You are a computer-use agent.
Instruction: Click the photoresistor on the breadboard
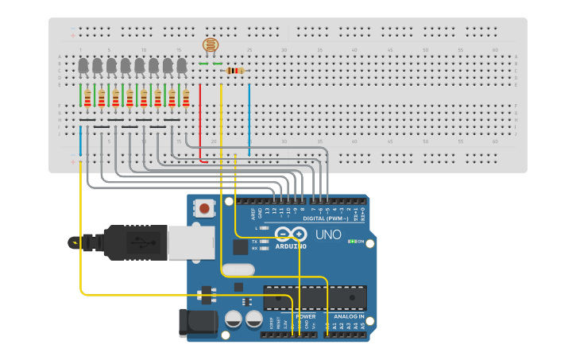[210, 46]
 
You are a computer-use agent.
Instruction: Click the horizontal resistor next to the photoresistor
[235, 71]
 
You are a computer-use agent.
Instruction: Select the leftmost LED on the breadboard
[83, 65]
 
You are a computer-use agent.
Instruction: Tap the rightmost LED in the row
[182, 65]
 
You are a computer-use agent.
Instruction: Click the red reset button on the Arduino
[205, 209]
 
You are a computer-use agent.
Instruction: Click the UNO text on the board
[328, 235]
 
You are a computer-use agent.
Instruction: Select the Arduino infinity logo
[291, 234]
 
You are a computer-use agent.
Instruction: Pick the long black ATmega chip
[315, 297]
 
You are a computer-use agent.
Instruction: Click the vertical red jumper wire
[199, 119]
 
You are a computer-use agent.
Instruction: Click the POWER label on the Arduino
[305, 316]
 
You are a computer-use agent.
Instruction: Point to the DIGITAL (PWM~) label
[326, 219]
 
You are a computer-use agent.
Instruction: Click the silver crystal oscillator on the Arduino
[238, 270]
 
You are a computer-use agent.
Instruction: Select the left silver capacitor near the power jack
[234, 319]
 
